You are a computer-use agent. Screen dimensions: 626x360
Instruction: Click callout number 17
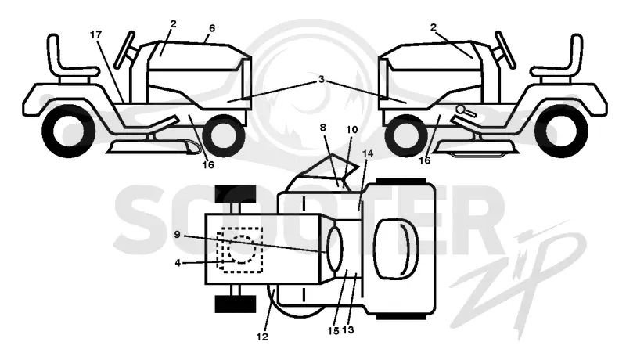click(95, 34)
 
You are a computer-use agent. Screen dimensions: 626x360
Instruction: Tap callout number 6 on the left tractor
click(212, 28)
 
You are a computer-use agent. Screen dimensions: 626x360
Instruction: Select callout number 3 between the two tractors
click(322, 79)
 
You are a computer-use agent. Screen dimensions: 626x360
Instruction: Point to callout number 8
click(323, 128)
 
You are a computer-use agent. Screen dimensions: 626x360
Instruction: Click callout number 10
click(352, 130)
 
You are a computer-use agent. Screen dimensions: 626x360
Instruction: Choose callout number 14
click(367, 153)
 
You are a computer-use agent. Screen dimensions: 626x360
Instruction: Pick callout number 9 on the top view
click(178, 235)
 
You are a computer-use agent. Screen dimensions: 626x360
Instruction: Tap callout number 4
click(178, 263)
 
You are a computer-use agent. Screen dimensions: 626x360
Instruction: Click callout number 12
click(262, 337)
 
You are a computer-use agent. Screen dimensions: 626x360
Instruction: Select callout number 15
click(333, 331)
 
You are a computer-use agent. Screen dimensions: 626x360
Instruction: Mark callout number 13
click(348, 330)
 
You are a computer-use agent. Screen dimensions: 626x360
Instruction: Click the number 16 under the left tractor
click(208, 164)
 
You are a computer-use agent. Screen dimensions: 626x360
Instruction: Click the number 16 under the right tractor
click(424, 160)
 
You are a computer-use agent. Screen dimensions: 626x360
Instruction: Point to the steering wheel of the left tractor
click(124, 49)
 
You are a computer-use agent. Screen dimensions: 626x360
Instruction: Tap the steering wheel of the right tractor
click(505, 49)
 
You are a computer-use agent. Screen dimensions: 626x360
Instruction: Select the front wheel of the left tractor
click(224, 136)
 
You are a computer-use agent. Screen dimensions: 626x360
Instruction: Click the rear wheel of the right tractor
click(562, 131)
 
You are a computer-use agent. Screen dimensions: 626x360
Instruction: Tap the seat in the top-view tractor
click(395, 249)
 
